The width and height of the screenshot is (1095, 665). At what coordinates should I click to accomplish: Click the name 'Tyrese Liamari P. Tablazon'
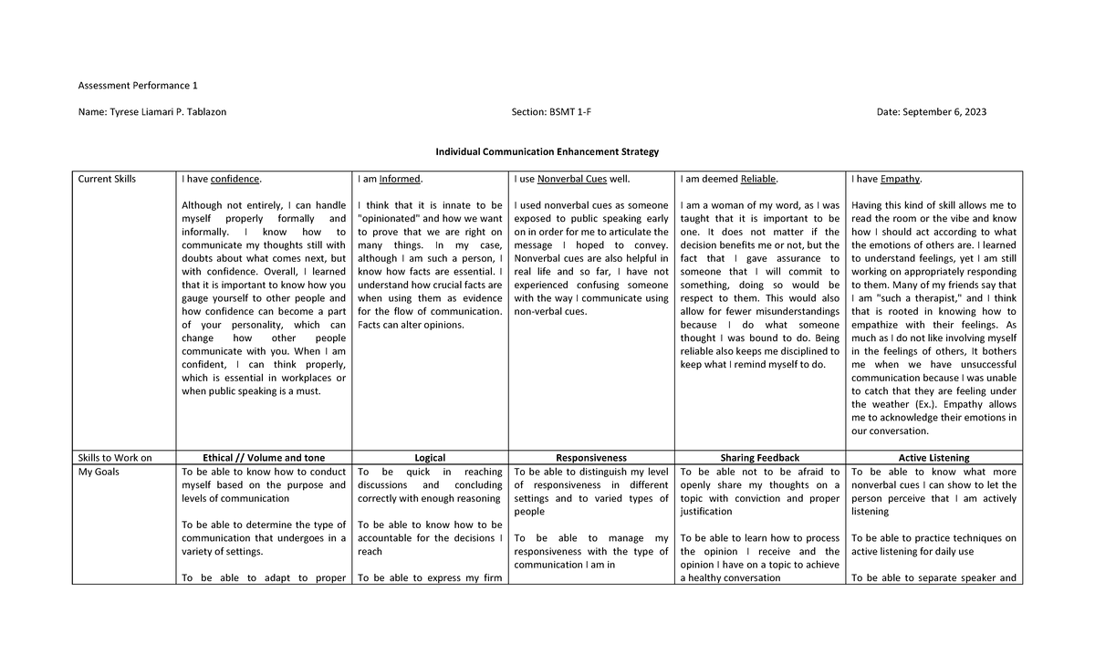click(x=168, y=112)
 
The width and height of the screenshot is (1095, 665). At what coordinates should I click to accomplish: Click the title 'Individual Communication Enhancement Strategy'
click(x=547, y=151)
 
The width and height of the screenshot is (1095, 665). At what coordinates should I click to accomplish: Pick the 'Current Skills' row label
click(x=107, y=179)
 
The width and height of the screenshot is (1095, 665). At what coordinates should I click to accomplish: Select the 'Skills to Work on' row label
click(x=115, y=458)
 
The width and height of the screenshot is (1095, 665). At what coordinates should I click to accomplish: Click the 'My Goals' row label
click(x=99, y=472)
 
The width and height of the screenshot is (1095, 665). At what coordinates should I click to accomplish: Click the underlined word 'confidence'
click(x=235, y=179)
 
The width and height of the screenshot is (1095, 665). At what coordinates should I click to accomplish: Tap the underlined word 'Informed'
click(x=401, y=179)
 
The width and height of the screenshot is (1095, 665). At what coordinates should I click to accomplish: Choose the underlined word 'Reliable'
click(x=758, y=179)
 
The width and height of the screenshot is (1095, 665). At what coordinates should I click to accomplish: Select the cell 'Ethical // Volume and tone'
click(x=264, y=458)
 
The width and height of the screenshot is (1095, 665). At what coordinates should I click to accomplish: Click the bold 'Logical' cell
click(x=430, y=458)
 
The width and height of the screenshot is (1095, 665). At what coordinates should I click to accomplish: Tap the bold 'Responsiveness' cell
click(x=591, y=458)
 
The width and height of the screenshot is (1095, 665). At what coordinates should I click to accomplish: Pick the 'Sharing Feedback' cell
click(x=759, y=458)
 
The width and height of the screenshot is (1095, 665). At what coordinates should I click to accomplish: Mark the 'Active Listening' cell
click(x=933, y=458)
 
